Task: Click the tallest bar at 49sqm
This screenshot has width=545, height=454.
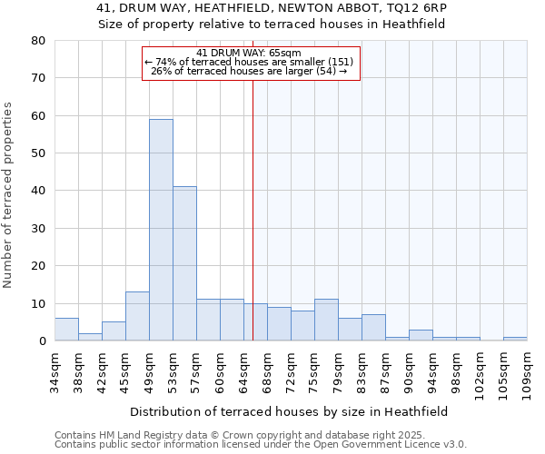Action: (161, 230)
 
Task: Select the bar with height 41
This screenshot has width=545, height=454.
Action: (184, 263)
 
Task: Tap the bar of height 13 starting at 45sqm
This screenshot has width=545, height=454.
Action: (137, 316)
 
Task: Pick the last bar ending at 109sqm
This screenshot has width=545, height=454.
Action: (515, 339)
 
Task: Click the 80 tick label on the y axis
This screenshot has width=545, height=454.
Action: (38, 41)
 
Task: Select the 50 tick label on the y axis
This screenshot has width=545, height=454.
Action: (38, 153)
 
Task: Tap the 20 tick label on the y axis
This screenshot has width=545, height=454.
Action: (38, 266)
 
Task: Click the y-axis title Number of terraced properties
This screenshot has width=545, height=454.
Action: (9, 195)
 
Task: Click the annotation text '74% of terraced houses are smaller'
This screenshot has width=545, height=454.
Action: (253, 62)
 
